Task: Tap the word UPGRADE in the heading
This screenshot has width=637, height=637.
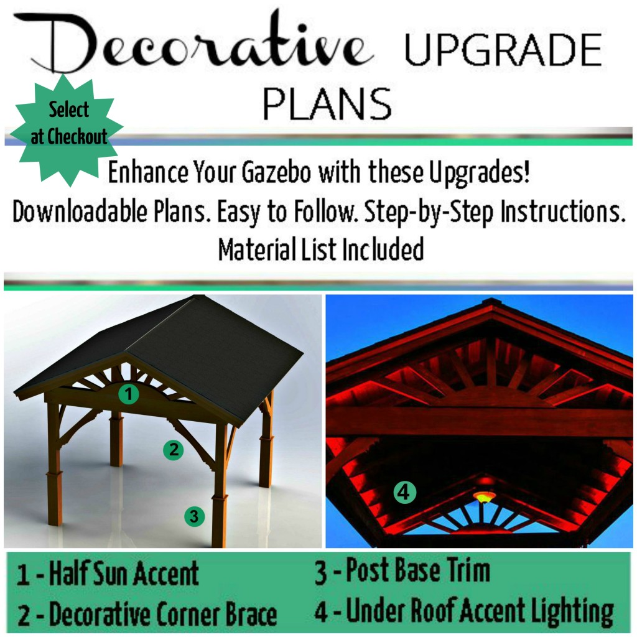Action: pyautogui.click(x=503, y=50)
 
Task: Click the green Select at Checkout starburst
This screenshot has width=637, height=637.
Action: pyautogui.click(x=69, y=124)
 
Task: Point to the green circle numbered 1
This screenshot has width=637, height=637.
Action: pyautogui.click(x=128, y=394)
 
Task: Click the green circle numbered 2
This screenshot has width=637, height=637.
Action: pyautogui.click(x=173, y=449)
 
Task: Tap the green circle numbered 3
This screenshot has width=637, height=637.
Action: pyautogui.click(x=194, y=516)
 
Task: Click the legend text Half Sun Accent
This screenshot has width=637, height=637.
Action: pyautogui.click(x=124, y=574)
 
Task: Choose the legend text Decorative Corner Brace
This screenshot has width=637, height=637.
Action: pyautogui.click(x=163, y=615)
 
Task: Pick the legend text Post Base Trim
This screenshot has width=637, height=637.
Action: pyautogui.click(x=417, y=571)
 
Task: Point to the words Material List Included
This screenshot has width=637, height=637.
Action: pyautogui.click(x=320, y=250)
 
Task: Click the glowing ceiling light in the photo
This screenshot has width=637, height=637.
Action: pyautogui.click(x=484, y=496)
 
